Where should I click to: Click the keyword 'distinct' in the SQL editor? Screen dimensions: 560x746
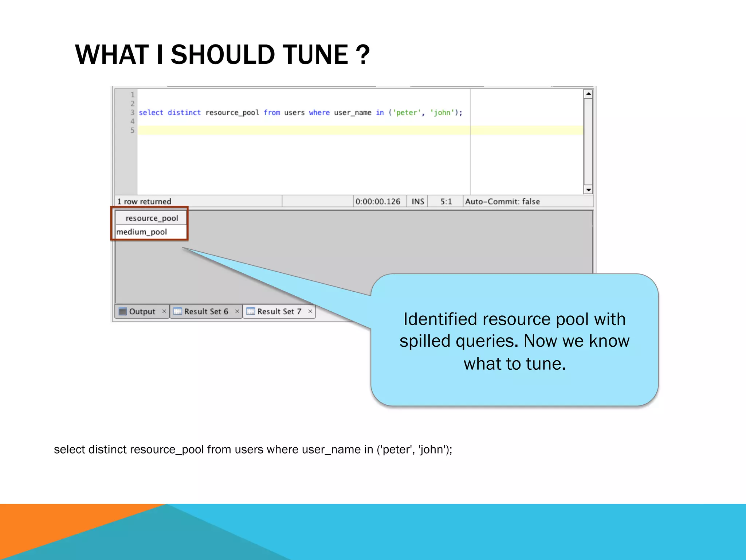pyautogui.click(x=184, y=113)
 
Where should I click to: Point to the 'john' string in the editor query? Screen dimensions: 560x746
pyautogui.click(x=442, y=113)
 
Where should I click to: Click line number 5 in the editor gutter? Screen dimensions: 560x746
pyautogui.click(x=132, y=131)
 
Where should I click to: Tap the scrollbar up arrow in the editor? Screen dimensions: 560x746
pyautogui.click(x=588, y=94)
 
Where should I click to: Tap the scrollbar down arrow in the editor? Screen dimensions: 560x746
pyautogui.click(x=588, y=190)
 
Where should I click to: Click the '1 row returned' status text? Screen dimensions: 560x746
pyautogui.click(x=144, y=202)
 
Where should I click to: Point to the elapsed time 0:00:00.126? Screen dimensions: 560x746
pyautogui.click(x=378, y=202)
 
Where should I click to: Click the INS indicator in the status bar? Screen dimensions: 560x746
pyautogui.click(x=417, y=202)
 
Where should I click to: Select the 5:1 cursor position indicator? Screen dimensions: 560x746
pyautogui.click(x=446, y=202)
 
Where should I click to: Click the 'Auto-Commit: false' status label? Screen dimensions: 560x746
pyautogui.click(x=502, y=202)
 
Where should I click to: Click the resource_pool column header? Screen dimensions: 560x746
pyautogui.click(x=152, y=218)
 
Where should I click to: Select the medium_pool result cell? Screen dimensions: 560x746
pyautogui.click(x=142, y=232)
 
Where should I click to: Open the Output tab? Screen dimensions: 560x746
pyautogui.click(x=142, y=312)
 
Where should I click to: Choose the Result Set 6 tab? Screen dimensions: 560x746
pyautogui.click(x=206, y=312)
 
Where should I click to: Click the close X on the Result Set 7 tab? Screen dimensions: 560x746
pyautogui.click(x=310, y=311)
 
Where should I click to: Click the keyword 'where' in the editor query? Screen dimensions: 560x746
pyautogui.click(x=319, y=113)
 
